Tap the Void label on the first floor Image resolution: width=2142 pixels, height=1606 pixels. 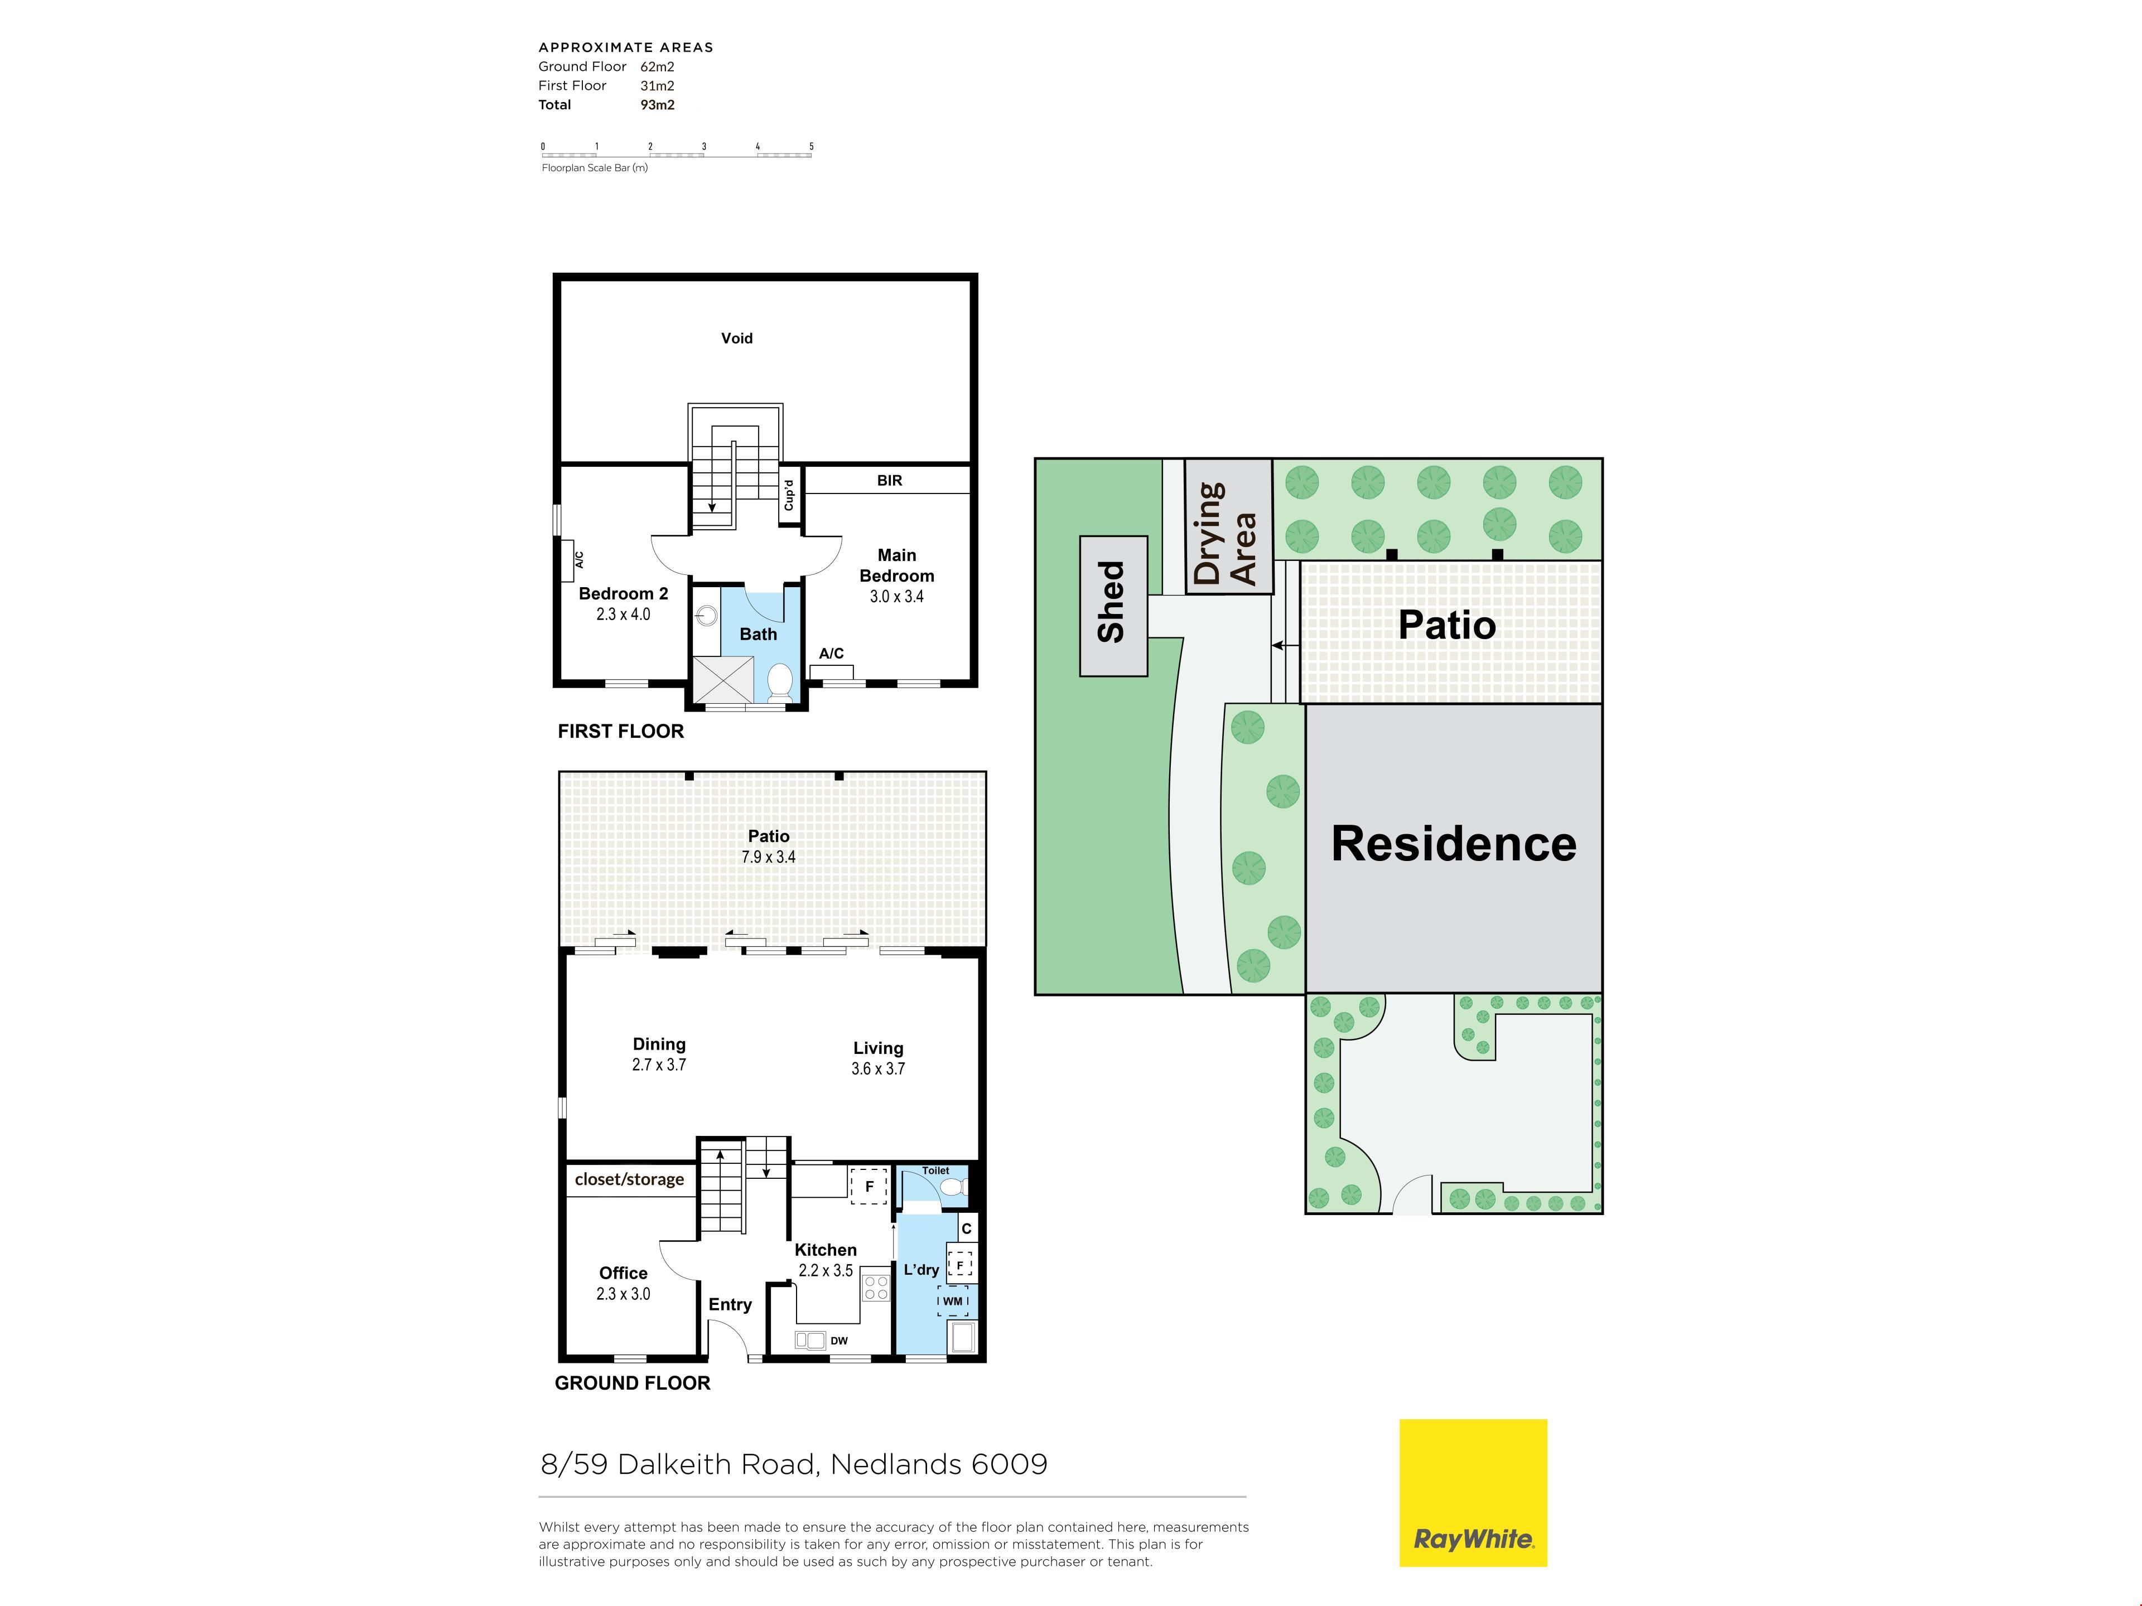(737, 338)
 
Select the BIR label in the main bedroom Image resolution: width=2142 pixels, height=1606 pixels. (889, 480)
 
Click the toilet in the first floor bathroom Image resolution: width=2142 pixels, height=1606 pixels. (779, 681)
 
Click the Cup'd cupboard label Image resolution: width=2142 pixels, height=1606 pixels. (789, 495)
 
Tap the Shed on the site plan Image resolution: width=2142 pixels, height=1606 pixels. (1113, 606)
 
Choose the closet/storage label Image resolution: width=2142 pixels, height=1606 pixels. (629, 1179)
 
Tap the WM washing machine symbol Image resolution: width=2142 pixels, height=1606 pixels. (953, 1301)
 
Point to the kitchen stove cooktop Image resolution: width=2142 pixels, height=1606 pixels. (876, 1288)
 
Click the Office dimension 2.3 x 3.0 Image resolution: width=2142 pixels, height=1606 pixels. (624, 1293)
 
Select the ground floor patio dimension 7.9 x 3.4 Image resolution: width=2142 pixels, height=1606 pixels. (769, 857)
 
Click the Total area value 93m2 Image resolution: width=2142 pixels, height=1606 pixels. (658, 104)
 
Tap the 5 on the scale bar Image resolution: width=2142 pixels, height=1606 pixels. (812, 146)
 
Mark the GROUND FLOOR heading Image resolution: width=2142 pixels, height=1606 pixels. (633, 1384)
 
